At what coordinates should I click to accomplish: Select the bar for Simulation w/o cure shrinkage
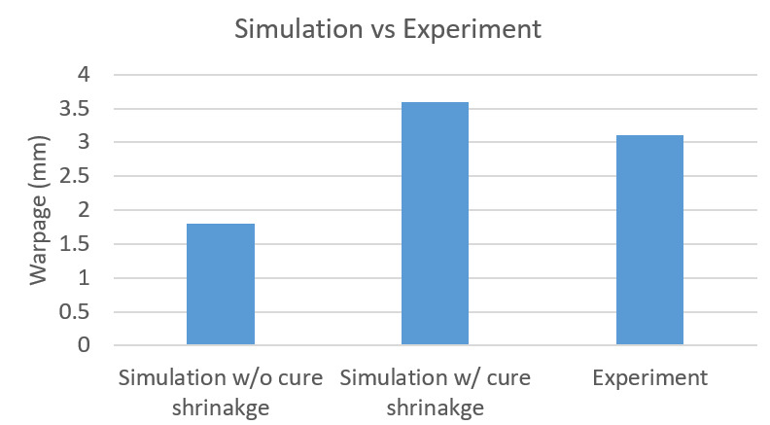(221, 284)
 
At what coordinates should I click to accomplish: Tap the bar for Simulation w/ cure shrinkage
(435, 224)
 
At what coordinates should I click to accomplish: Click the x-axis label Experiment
(649, 377)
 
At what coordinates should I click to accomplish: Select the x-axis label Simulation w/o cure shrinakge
(221, 388)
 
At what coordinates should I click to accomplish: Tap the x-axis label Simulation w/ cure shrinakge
(435, 388)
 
